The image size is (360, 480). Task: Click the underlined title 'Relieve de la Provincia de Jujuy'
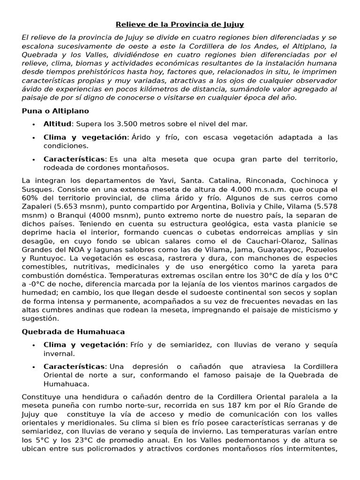click(180, 24)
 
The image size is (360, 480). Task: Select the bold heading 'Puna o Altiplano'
click(55, 111)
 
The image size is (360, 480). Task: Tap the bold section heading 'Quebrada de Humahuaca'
click(73, 332)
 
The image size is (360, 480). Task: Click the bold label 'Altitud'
click(58, 124)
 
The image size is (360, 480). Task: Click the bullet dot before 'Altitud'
click(34, 125)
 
